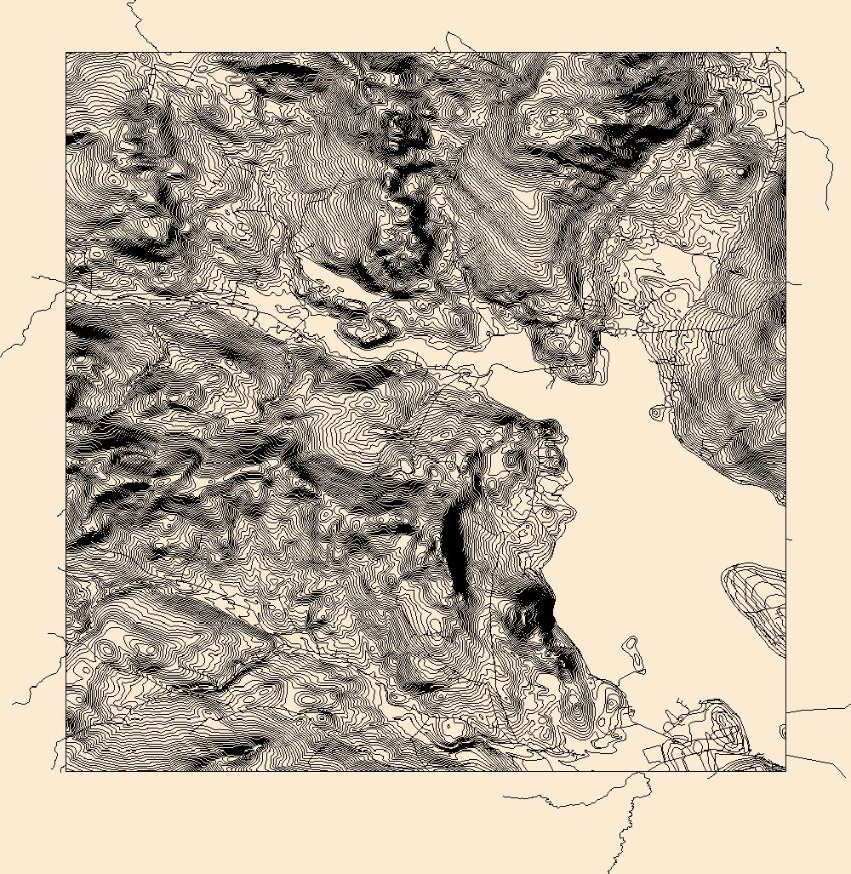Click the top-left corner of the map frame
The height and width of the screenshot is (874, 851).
click(x=66, y=52)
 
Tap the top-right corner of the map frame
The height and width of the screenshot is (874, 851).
click(x=785, y=52)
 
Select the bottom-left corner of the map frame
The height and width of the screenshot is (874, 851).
click(x=66, y=772)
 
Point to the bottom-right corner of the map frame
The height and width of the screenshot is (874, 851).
click(x=785, y=772)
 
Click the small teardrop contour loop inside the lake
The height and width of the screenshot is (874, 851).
click(x=656, y=412)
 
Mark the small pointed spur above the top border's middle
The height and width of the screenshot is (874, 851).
click(x=451, y=40)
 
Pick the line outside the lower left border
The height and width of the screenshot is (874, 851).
click(x=38, y=681)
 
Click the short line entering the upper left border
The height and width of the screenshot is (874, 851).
click(x=47, y=278)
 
